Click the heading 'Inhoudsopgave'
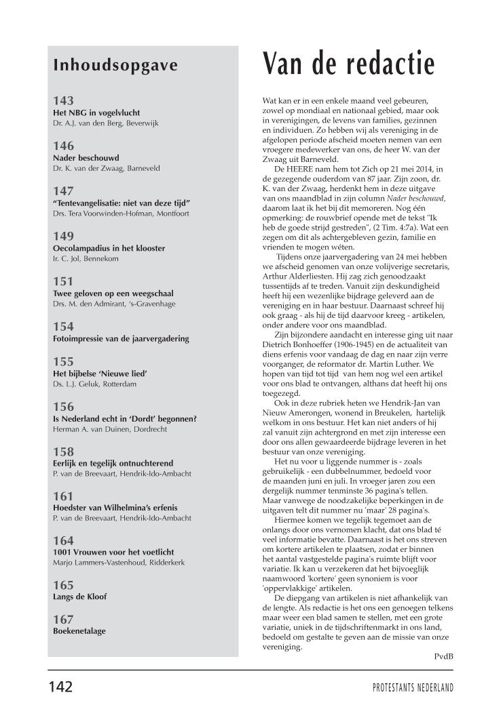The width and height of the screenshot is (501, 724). (x=115, y=65)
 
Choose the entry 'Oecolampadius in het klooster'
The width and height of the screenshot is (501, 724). (x=109, y=248)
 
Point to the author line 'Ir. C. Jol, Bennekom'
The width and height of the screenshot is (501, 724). (x=88, y=259)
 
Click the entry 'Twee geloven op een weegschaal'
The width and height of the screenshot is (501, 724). (x=113, y=294)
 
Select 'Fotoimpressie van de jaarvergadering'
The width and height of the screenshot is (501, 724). (x=121, y=338)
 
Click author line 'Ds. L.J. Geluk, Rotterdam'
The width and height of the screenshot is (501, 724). (x=95, y=384)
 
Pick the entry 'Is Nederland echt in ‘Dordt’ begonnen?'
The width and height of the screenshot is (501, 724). (x=124, y=418)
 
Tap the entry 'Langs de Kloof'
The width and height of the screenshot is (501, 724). (x=79, y=597)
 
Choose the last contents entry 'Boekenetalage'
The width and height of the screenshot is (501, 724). (x=79, y=630)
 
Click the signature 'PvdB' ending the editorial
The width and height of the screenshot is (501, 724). (x=443, y=656)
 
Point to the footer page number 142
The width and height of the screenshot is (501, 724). (x=60, y=687)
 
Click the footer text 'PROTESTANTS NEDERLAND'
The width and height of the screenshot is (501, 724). (x=413, y=687)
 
